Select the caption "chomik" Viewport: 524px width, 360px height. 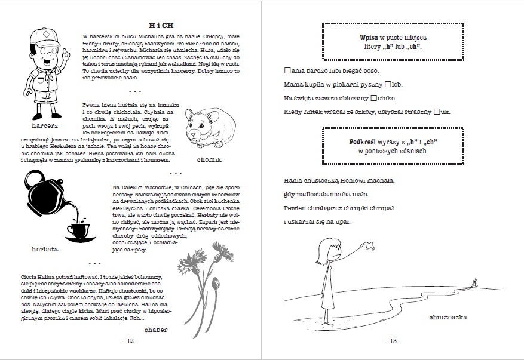(x=209, y=160)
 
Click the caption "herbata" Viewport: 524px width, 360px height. (x=46, y=249)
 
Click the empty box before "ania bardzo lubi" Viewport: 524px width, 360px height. (x=287, y=70)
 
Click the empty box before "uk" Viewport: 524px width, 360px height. (x=437, y=112)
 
